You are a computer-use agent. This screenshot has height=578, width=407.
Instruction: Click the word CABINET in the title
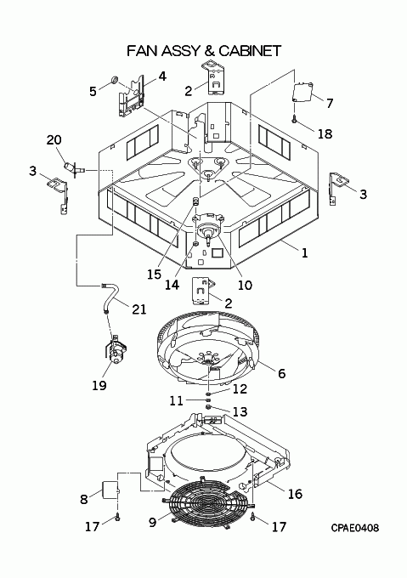250,50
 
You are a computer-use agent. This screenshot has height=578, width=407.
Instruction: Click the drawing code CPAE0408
354,528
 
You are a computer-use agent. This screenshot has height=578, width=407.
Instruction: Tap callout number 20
54,140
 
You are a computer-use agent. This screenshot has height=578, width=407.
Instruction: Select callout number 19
99,386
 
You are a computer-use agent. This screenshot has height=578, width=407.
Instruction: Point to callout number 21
139,309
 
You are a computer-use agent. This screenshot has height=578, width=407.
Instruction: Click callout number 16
295,494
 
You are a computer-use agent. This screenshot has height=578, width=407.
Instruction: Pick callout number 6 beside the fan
282,373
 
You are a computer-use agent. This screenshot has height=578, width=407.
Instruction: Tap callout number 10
245,285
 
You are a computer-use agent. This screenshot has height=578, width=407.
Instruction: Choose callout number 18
325,133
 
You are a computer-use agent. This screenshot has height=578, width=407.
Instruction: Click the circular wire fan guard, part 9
201,504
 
